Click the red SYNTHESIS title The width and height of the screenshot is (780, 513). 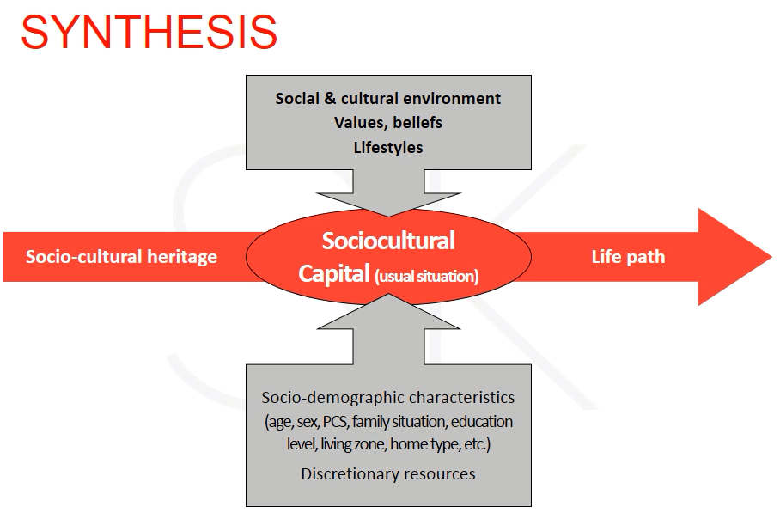(x=149, y=32)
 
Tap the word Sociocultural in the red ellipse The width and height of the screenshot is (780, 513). (x=388, y=241)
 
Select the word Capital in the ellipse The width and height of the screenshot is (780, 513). (x=334, y=273)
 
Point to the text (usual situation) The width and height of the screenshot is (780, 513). (x=426, y=276)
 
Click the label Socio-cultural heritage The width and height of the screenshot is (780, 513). (x=121, y=257)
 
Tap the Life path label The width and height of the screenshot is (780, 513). (x=628, y=257)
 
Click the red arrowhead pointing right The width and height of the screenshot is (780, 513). (x=734, y=257)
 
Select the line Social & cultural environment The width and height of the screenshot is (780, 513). (x=388, y=99)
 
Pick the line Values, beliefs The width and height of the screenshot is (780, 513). (x=388, y=122)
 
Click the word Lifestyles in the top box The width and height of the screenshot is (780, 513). (x=388, y=147)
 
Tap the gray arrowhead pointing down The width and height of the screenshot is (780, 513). (x=388, y=205)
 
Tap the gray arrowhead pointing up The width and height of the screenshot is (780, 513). (x=388, y=311)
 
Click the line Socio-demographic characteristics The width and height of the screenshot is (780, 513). (x=388, y=398)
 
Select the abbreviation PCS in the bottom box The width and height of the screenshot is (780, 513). (x=336, y=421)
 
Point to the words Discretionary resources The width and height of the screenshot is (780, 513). (x=388, y=474)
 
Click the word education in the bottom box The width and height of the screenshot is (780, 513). (x=482, y=421)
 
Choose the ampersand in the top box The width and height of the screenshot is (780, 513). (x=331, y=99)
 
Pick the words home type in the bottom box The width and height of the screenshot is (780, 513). (x=425, y=444)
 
